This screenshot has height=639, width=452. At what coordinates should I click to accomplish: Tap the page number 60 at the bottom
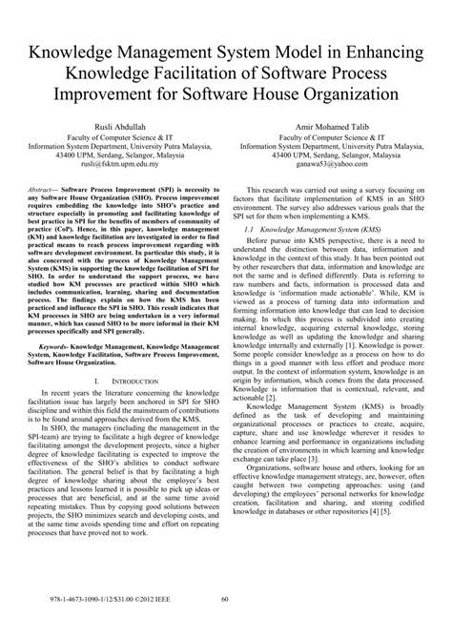[x=226, y=626]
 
